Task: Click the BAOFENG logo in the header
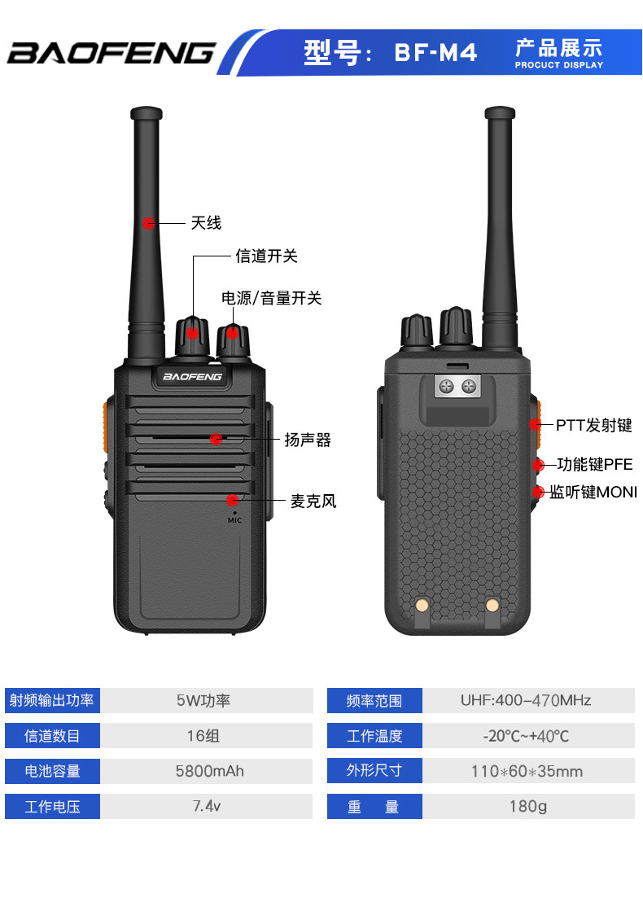point(111,53)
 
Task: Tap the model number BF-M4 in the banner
point(435,53)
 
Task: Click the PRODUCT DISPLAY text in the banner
point(559,65)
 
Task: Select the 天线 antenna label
point(206,223)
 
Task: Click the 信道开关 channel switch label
point(267,256)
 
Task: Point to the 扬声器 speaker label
point(308,440)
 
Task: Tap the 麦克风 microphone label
point(313,502)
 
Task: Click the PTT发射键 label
point(594,425)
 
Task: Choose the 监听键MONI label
point(593,492)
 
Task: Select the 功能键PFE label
point(595,464)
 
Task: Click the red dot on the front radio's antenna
point(148,223)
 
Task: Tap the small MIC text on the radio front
point(234,520)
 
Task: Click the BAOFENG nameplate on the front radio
point(192,376)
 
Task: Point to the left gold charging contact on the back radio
point(422,605)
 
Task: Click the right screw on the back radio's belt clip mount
point(469,387)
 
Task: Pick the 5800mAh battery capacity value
point(209,771)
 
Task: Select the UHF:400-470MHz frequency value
point(526,700)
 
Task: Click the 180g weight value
point(528,806)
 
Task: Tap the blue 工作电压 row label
point(52,806)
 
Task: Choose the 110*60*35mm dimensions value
point(527,772)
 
